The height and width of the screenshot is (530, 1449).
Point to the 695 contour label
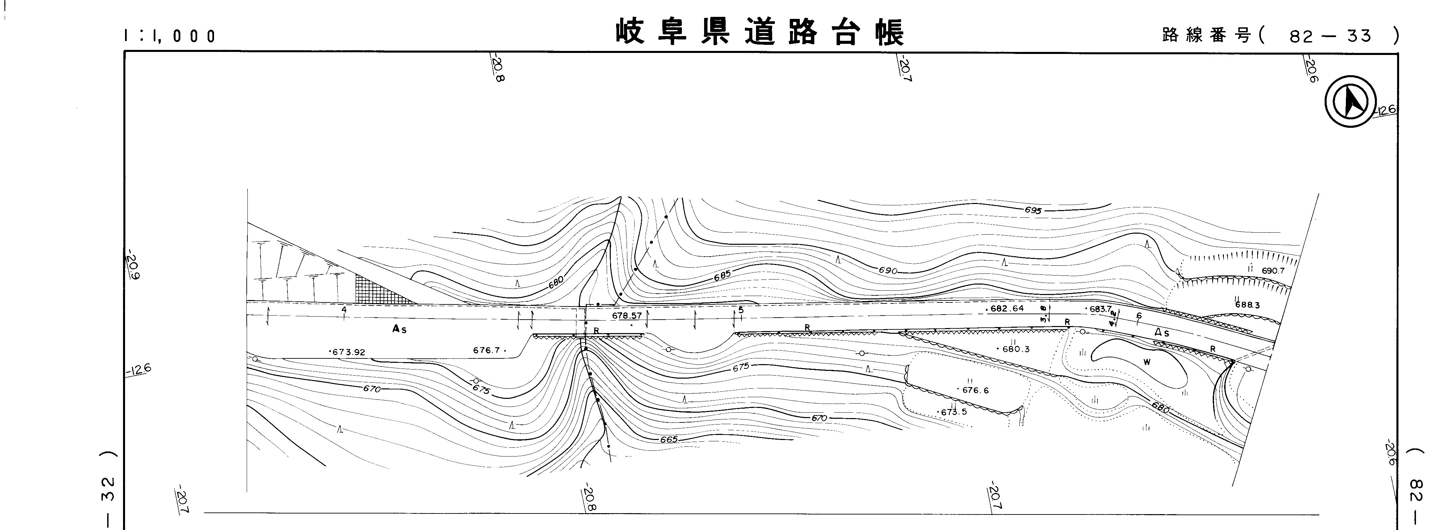(1033, 210)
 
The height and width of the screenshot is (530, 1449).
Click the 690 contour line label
(887, 271)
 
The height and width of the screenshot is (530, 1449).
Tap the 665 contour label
(668, 439)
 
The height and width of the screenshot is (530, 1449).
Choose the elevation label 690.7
(1273, 271)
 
